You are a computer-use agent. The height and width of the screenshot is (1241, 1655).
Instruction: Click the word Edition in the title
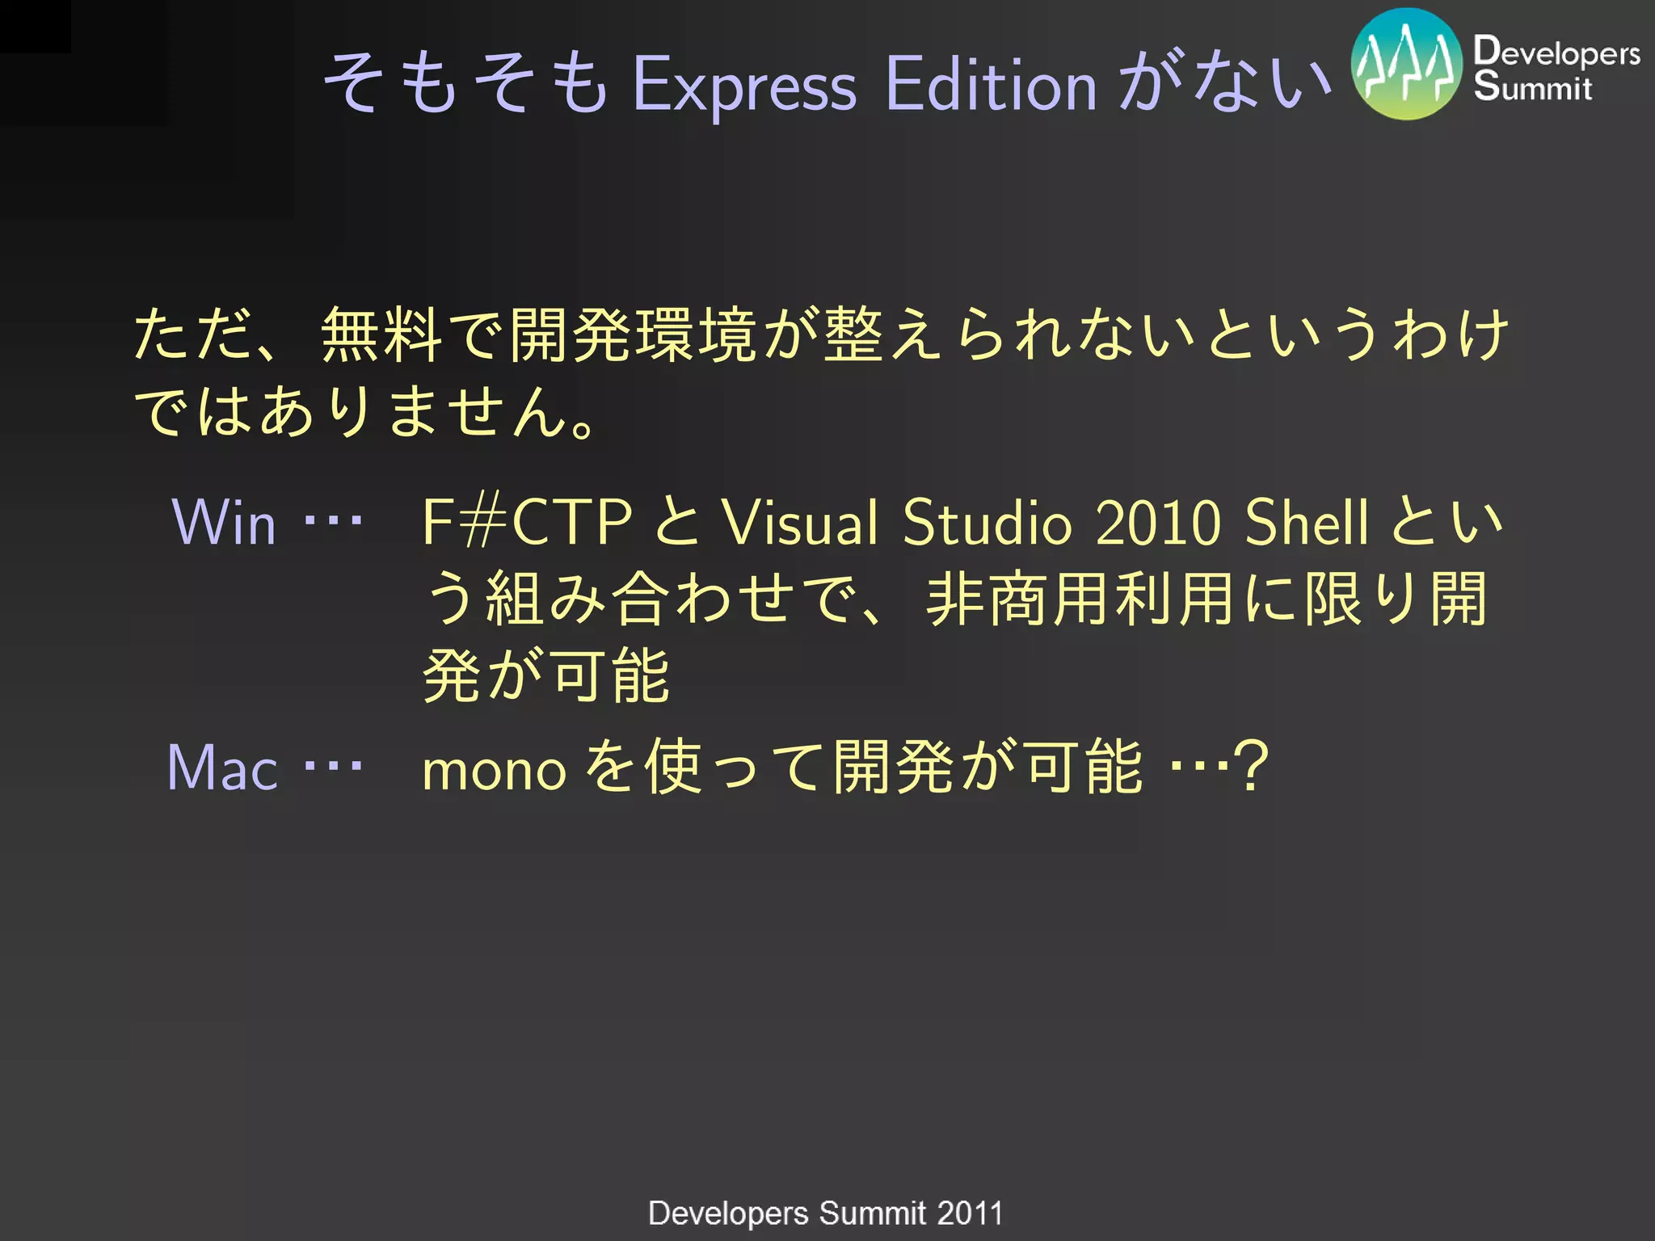click(x=991, y=83)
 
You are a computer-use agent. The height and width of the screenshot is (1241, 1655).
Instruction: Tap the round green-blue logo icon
click(x=1406, y=65)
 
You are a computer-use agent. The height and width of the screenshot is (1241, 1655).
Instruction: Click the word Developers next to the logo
click(x=1556, y=52)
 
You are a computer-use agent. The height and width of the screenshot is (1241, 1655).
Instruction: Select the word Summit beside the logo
click(x=1532, y=86)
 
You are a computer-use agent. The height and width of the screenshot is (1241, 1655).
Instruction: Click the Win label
click(x=224, y=523)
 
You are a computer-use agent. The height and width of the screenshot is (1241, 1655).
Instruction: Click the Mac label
click(x=222, y=768)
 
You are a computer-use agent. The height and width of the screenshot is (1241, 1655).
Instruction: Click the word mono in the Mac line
click(x=494, y=769)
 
